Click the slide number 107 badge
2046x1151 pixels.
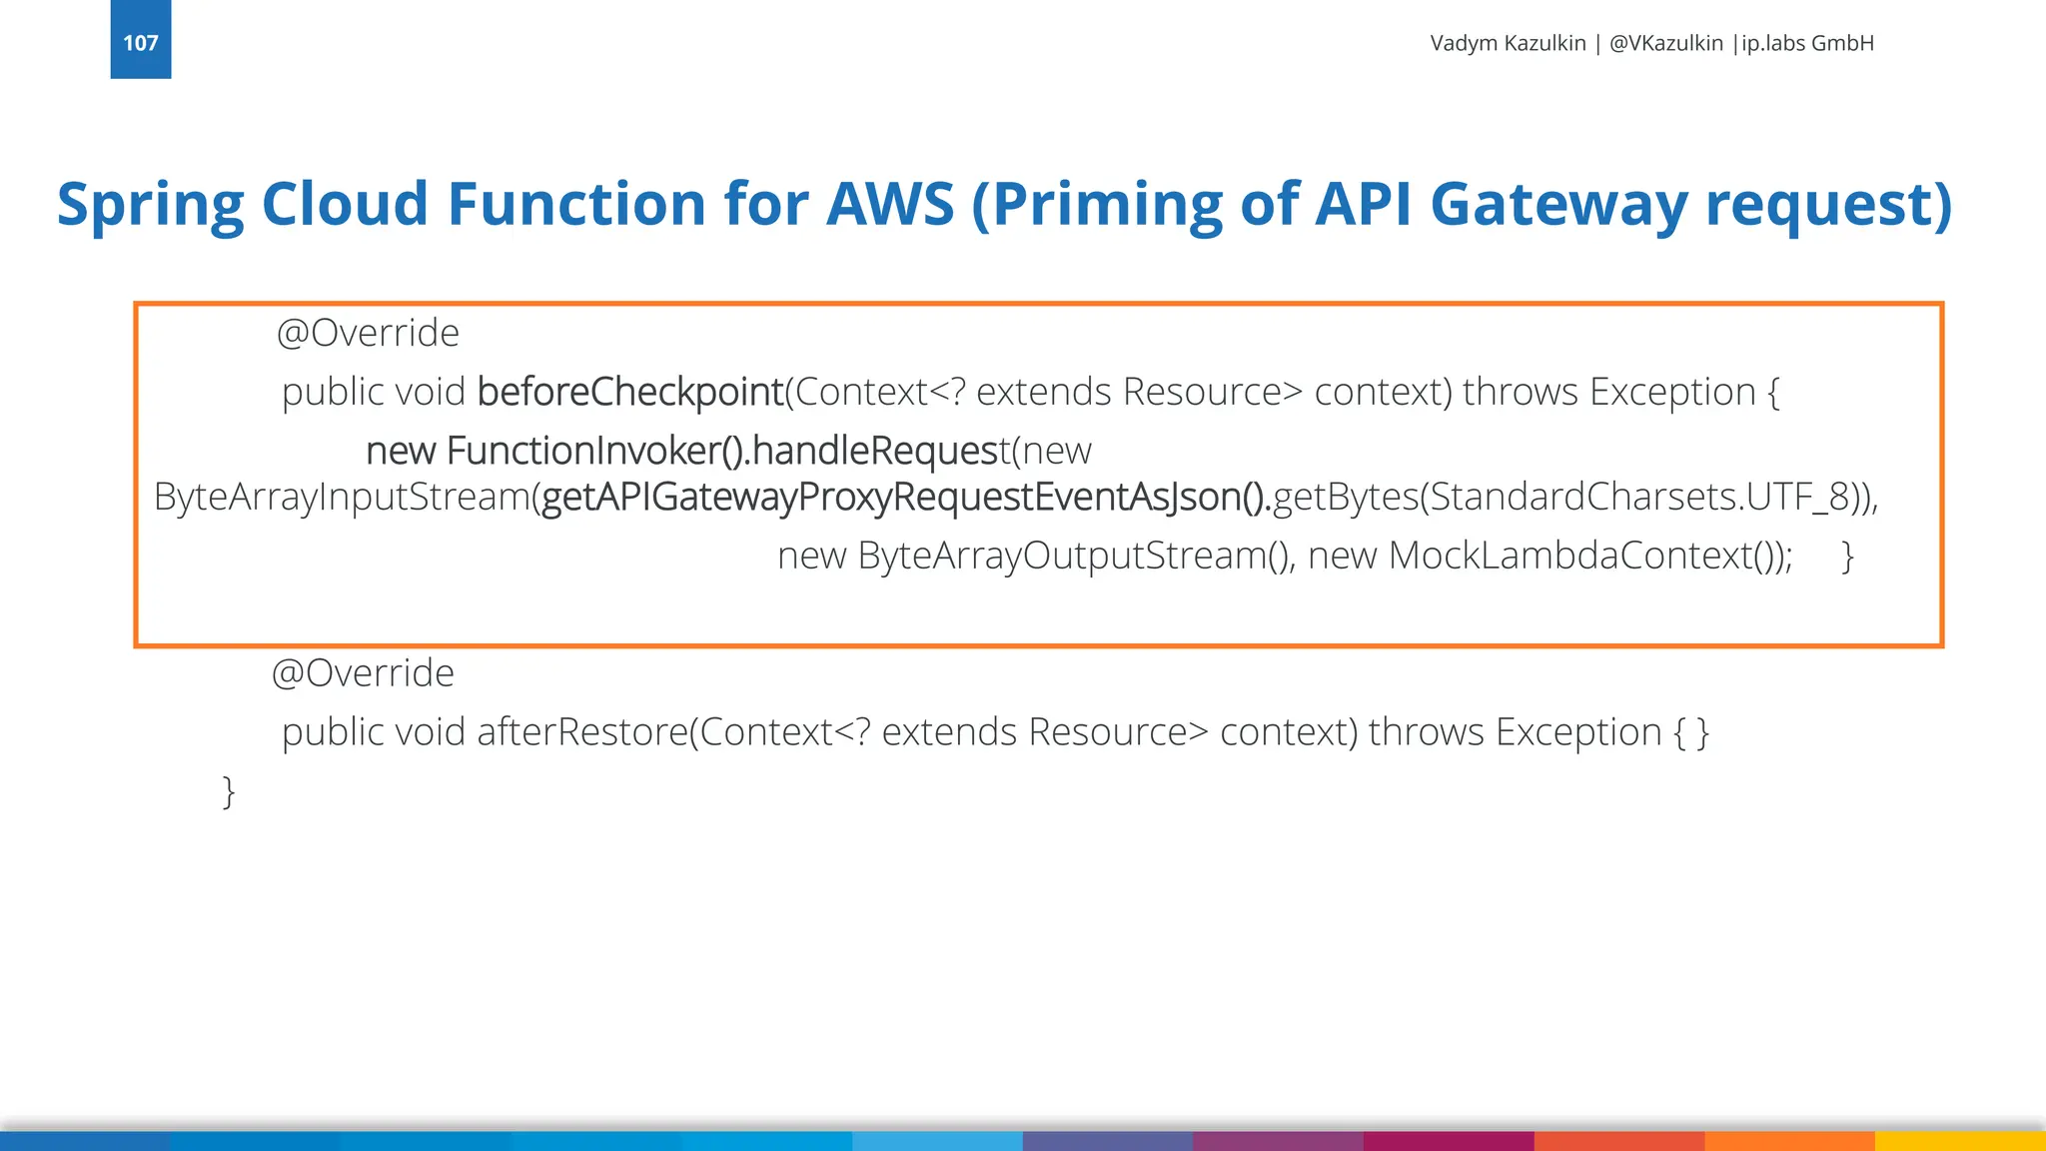(141, 41)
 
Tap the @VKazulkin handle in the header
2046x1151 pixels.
(1665, 43)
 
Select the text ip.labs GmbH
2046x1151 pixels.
(1807, 43)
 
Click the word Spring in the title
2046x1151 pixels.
(150, 205)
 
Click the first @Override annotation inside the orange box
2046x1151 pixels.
(368, 333)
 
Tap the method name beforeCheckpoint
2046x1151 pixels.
(630, 392)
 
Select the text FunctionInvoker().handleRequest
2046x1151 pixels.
(727, 451)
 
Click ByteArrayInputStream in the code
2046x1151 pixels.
(342, 497)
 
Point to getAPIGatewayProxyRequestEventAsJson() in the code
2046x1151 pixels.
(905, 497)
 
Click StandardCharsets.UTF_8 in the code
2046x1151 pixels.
(1638, 497)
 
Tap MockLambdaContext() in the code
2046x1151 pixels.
(1587, 556)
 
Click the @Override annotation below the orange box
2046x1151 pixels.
(363, 673)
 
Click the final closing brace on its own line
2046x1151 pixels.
(229, 791)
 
